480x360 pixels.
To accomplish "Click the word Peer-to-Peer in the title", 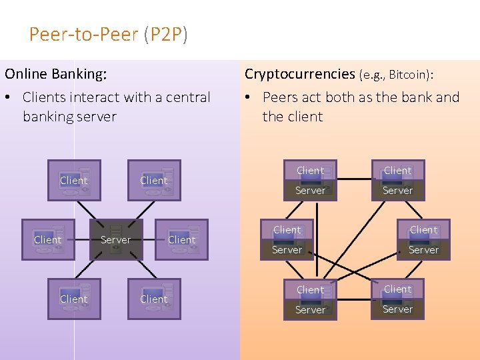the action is [83, 34].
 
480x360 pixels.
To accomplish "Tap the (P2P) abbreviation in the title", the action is [165, 34].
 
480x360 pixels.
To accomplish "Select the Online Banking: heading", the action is [56, 74].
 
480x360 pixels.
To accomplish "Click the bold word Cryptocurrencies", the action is [300, 75].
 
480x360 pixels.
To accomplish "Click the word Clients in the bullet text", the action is [44, 97].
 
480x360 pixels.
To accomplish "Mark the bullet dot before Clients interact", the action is [7, 97].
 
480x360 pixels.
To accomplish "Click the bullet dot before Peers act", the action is [247, 97].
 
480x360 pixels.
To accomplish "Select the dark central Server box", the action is [116, 240].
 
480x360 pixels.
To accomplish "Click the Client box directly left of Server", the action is [49, 240].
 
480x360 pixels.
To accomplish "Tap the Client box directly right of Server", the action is [181, 240].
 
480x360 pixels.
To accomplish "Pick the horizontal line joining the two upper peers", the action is [354, 179].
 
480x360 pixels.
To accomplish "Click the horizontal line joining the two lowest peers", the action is [354, 300].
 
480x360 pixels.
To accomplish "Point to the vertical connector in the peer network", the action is [317, 240].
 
